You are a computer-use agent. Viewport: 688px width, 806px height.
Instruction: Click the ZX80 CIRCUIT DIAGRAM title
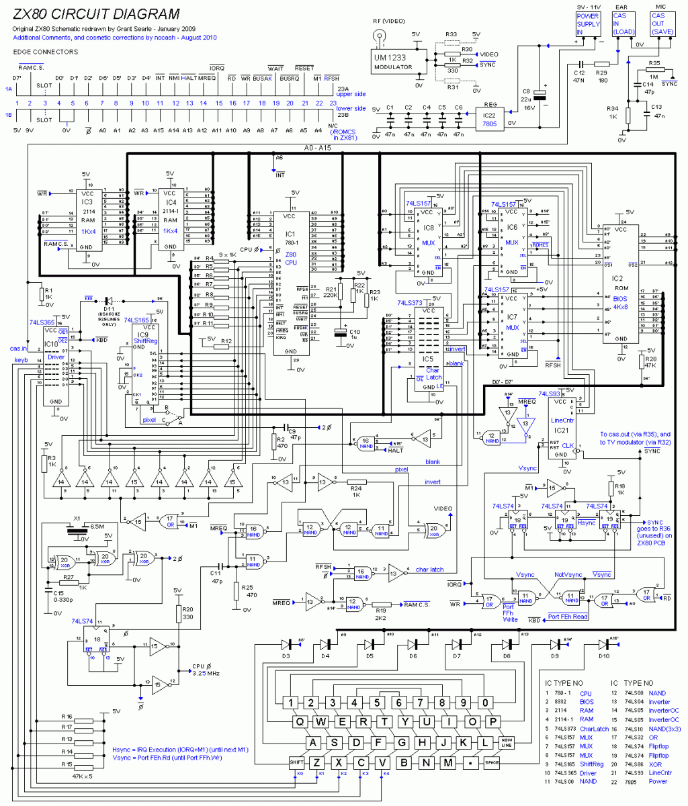pos(97,14)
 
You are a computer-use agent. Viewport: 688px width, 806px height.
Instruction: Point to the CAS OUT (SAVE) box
pos(658,24)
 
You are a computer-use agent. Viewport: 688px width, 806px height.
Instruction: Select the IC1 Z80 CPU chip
pos(290,282)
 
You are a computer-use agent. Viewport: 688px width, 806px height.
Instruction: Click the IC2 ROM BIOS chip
pos(621,282)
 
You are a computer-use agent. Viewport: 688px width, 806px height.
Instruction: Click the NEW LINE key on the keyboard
pos(507,743)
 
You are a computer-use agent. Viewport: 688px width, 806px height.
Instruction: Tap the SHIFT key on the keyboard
pos(297,762)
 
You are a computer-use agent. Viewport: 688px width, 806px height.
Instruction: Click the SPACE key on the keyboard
pos(493,762)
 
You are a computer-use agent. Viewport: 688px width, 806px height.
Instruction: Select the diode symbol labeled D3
pos(285,645)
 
